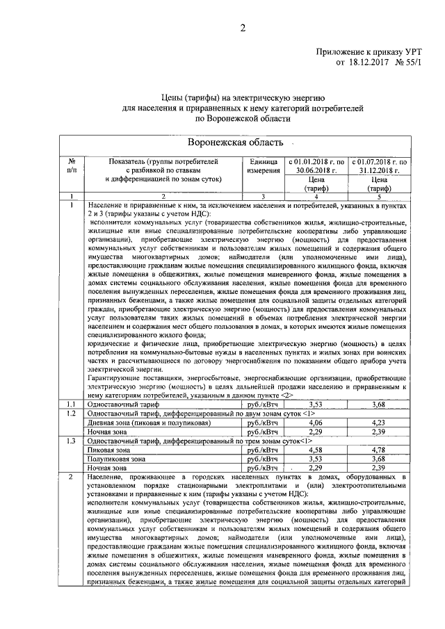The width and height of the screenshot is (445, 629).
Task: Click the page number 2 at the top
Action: pyautogui.click(x=243, y=28)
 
